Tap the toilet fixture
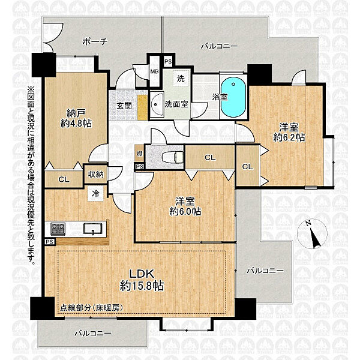coord(173,157)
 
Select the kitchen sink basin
coord(92,228)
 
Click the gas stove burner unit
coord(58,229)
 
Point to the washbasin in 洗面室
coord(157,105)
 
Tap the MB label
coord(154,71)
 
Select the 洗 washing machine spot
coord(181,79)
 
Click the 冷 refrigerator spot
coord(95,193)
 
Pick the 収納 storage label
coord(96,175)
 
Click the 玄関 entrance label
coord(124,106)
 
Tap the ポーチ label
coord(95,42)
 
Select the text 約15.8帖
coord(142,286)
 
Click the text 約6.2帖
coord(289,137)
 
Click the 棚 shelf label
coord(139,154)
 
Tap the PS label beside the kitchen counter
coord(50,242)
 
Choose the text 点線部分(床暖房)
coord(91,308)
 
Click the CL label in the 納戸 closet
coord(64,179)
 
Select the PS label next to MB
coord(168,62)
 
